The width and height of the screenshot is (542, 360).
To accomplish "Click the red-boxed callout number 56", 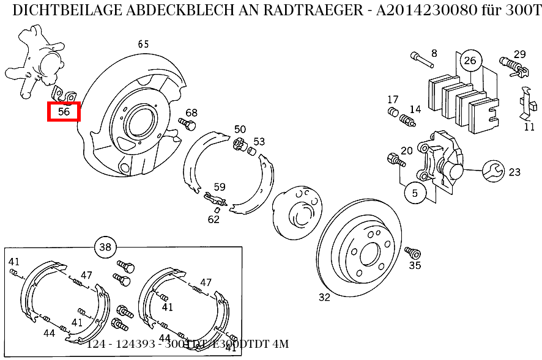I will tap(64, 112).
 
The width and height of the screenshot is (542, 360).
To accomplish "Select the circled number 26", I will tap(470, 60).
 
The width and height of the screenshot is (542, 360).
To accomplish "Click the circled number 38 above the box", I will tap(105, 247).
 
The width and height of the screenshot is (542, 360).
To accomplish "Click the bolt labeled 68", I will tap(187, 125).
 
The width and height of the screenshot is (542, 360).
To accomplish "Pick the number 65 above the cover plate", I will tap(143, 44).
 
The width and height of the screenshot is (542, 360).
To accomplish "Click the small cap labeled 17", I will tap(393, 111).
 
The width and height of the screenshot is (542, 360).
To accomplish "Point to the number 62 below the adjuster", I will tap(213, 219).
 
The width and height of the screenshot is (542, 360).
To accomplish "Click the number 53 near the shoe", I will tap(259, 142).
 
